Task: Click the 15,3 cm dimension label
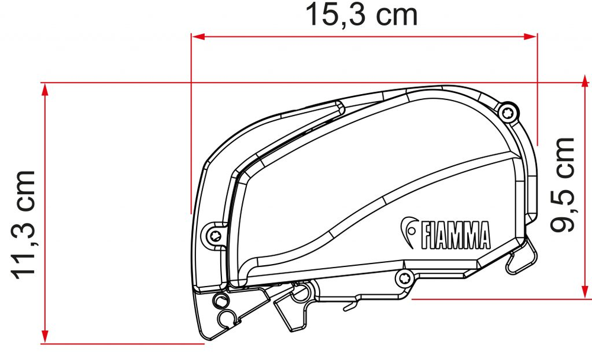pos(361,15)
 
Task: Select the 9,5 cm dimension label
pos(562,185)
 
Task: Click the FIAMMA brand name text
pos(455,235)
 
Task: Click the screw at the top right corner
pos(508,112)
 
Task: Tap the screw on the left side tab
pos(216,236)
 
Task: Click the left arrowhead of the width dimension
pos(198,37)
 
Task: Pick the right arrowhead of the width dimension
pos(530,37)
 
